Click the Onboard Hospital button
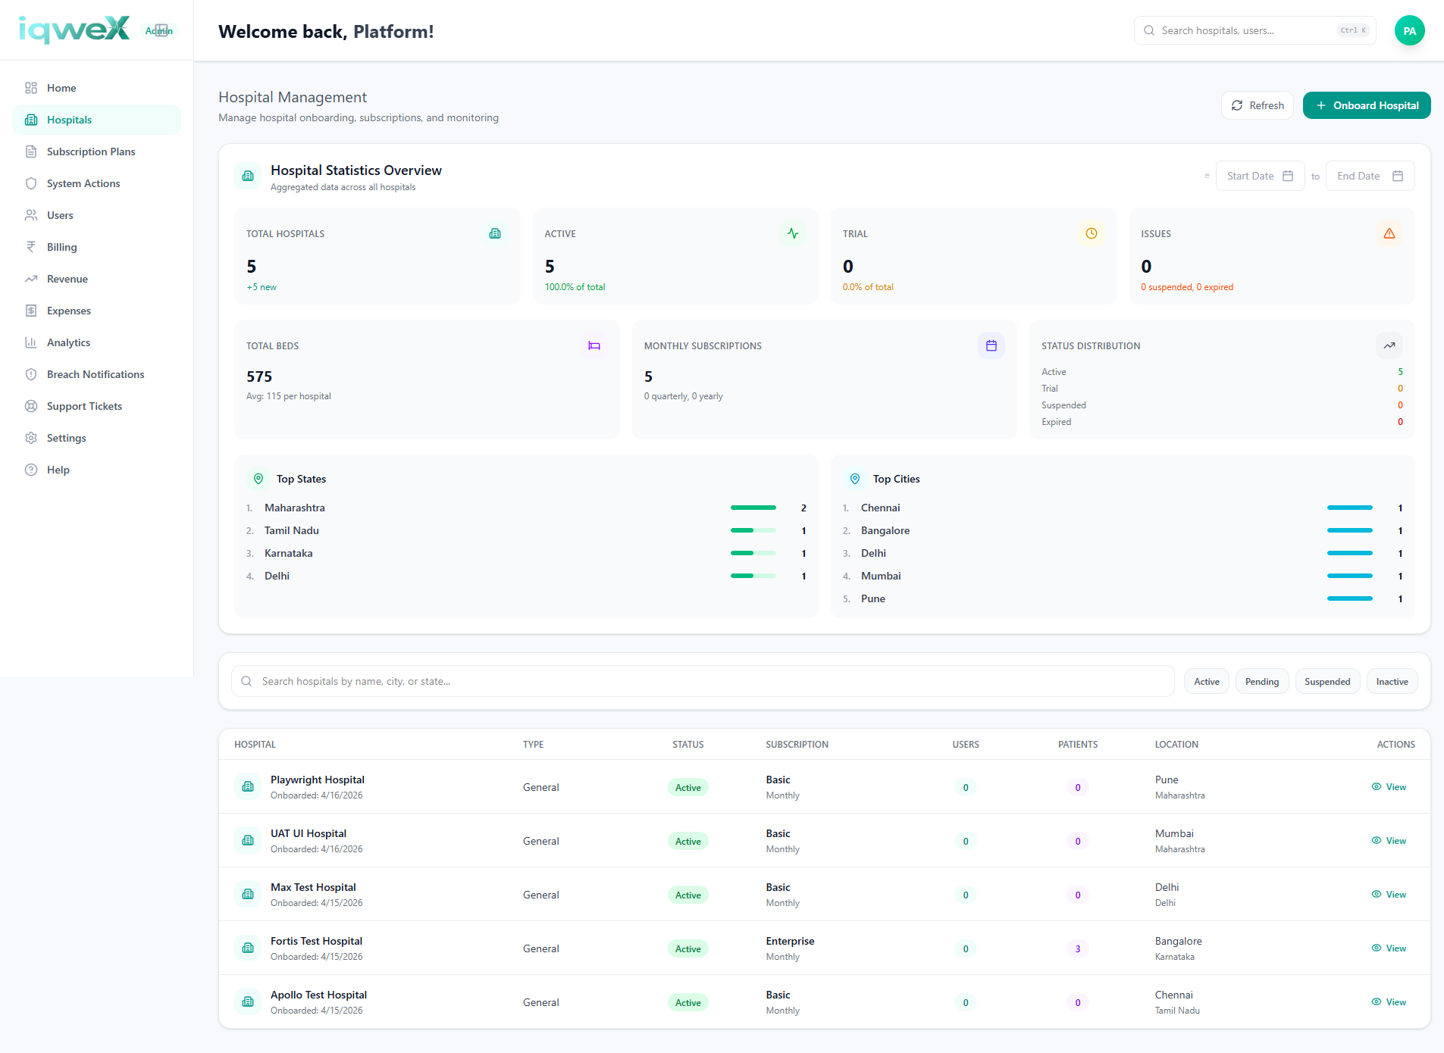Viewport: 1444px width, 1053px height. click(x=1366, y=105)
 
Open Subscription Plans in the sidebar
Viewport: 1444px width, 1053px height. click(x=91, y=152)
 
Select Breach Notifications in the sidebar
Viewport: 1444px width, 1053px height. click(x=96, y=374)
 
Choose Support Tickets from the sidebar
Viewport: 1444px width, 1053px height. click(x=84, y=406)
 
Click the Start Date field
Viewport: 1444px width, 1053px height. click(x=1260, y=176)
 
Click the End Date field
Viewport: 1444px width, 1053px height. click(x=1370, y=176)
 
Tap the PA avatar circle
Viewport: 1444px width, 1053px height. click(x=1409, y=31)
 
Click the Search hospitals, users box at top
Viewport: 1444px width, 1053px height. click(x=1254, y=30)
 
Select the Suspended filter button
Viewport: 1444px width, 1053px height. click(x=1327, y=682)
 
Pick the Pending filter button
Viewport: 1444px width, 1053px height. click(x=1261, y=682)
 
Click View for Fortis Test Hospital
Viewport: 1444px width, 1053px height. click(x=1389, y=948)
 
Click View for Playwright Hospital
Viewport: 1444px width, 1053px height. click(x=1389, y=787)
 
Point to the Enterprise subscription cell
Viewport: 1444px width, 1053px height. click(x=790, y=941)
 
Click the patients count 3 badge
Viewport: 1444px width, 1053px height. click(x=1077, y=948)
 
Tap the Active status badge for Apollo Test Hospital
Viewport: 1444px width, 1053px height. click(x=688, y=1002)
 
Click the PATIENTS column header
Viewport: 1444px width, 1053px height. click(x=1077, y=745)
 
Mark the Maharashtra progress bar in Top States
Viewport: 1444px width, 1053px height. click(x=753, y=508)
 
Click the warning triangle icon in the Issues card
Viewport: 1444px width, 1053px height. click(x=1389, y=233)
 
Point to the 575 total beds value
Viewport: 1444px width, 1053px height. click(x=259, y=377)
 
